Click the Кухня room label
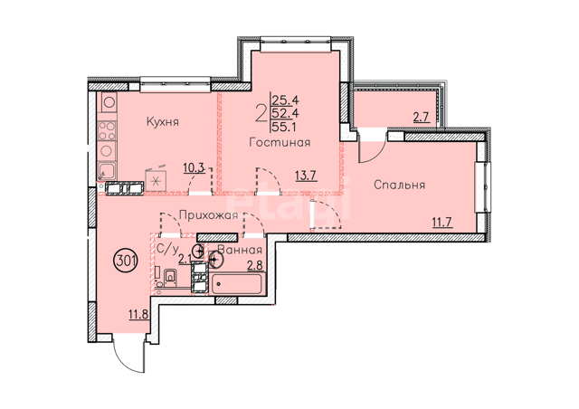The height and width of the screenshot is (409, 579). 163,122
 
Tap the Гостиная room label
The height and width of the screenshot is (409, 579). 280,142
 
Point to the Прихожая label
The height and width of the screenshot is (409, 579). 209,215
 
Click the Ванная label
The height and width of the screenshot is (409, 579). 240,250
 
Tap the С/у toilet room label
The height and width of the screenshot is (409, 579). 166,250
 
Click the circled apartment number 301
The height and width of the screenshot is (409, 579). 127,262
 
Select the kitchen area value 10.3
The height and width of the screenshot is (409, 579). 194,168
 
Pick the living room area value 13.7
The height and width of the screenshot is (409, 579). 307,176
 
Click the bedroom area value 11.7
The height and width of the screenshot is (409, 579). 442,223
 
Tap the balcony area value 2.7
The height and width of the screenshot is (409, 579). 421,118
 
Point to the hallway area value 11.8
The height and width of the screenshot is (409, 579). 138,315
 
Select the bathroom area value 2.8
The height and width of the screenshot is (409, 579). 255,266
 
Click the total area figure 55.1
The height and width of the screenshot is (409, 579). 285,128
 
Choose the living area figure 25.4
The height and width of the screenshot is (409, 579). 285,100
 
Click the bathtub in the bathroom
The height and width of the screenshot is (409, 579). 238,284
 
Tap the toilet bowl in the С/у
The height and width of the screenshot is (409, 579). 171,276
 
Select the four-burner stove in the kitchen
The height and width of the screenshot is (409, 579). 107,131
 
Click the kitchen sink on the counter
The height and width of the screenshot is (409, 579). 107,171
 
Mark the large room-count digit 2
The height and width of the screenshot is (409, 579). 261,113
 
